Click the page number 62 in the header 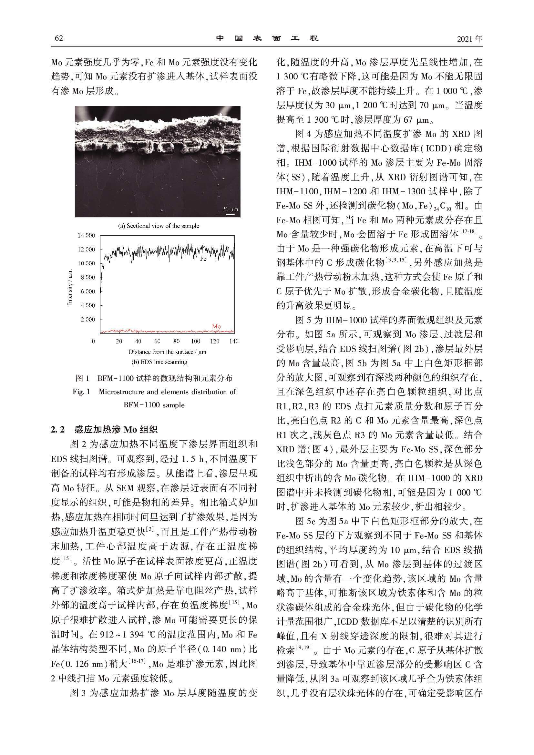coord(59,38)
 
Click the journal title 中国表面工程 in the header coord(267,38)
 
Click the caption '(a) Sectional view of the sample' coord(159,226)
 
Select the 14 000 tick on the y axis coord(86,235)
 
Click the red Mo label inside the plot coord(216,326)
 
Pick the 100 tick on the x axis coord(195,341)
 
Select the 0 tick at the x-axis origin coord(93,341)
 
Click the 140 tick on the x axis coord(234,341)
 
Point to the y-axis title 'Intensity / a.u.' coord(70,287)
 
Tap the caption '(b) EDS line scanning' coord(159,362)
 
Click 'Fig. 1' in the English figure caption coord(81,392)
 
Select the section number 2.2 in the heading coord(57,429)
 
